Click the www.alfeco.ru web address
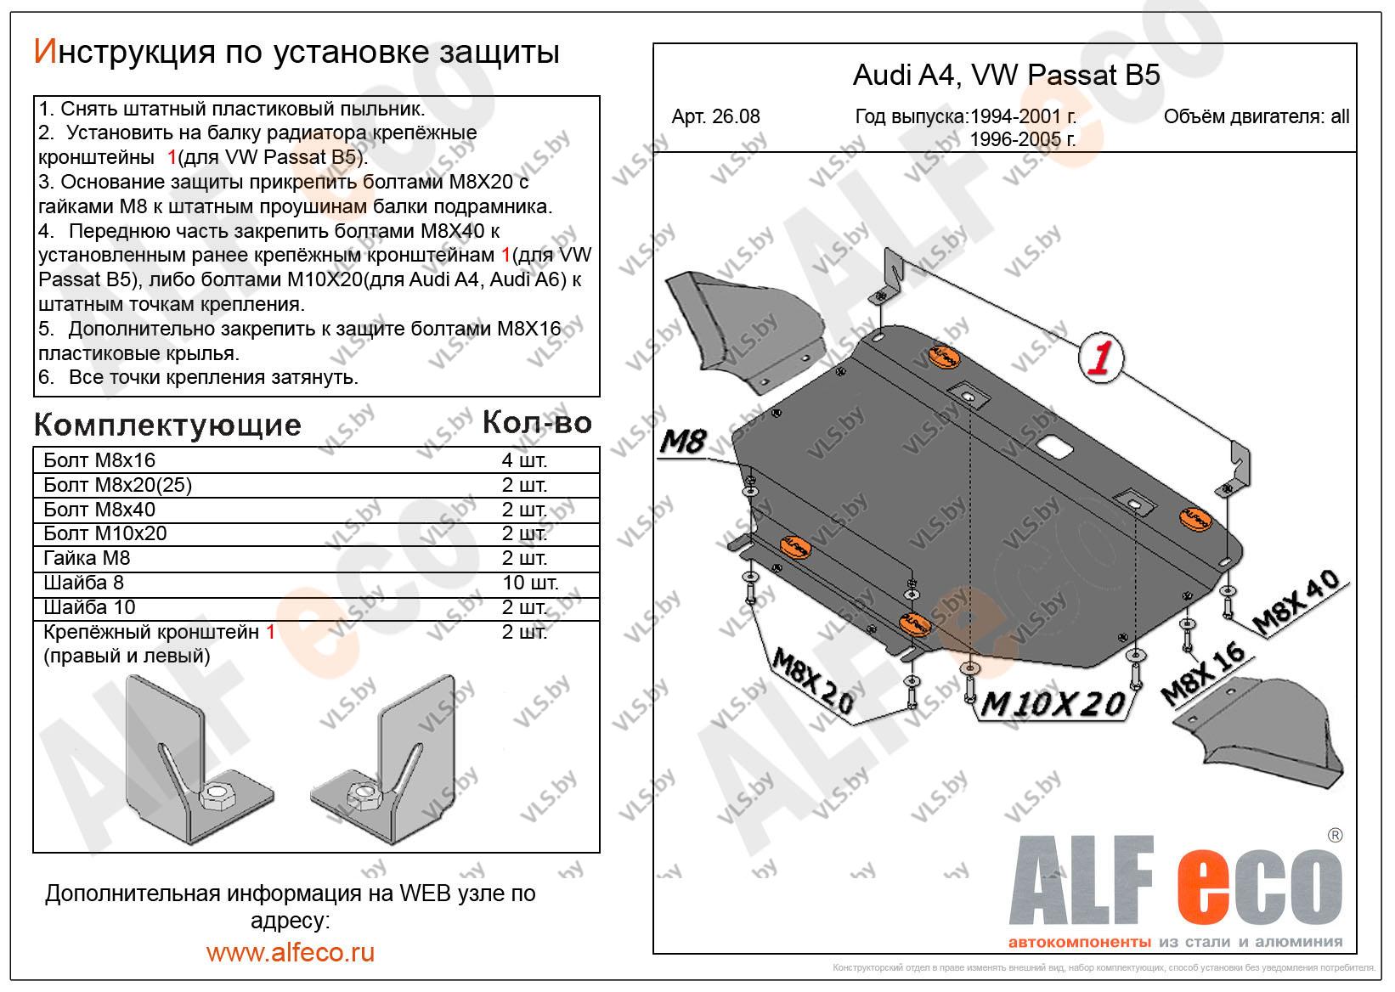(x=291, y=953)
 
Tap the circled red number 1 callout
(x=1100, y=358)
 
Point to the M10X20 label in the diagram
(x=1052, y=705)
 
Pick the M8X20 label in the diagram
(x=813, y=680)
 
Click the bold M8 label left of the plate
(x=683, y=442)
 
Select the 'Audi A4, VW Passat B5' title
(x=1006, y=76)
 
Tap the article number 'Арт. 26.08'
(x=715, y=116)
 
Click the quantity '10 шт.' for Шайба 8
(x=530, y=583)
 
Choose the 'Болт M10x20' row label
(x=105, y=533)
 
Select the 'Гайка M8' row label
(x=87, y=558)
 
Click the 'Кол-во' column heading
(x=537, y=423)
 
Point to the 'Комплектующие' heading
(x=167, y=426)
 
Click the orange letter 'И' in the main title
(x=46, y=52)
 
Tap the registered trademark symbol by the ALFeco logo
(x=1335, y=836)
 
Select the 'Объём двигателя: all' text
(x=1257, y=116)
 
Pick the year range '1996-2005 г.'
(x=1023, y=139)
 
